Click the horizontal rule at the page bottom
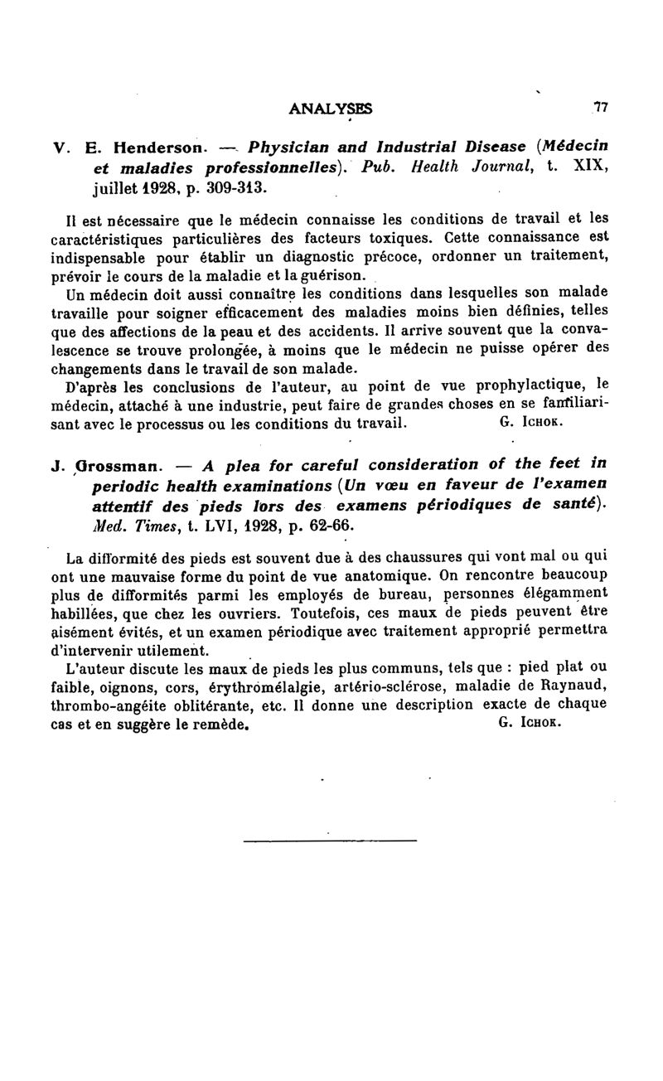[330, 841]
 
